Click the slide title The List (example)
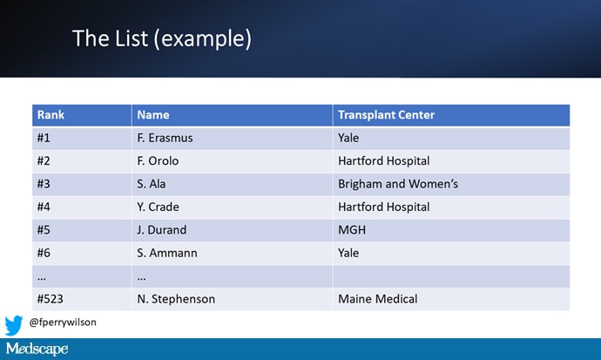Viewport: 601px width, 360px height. pos(161,38)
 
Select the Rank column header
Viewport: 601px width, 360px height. pos(51,115)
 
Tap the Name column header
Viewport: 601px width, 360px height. pos(153,115)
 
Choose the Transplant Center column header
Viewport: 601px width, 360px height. pos(386,115)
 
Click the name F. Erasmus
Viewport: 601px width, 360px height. pos(166,138)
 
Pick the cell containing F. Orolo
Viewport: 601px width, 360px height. pos(161,160)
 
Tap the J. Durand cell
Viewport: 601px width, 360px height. pos(162,230)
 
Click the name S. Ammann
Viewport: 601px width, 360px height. pos(168,253)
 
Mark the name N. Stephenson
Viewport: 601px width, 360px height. pos(176,299)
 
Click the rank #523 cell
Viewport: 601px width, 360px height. pos(53,299)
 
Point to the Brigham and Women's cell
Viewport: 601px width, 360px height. pos(397,184)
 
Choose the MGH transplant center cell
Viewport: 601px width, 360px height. pos(351,230)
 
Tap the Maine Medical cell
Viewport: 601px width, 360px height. pos(377,299)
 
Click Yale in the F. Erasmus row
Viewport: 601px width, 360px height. pos(348,138)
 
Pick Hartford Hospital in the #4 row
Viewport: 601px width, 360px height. pos(383,207)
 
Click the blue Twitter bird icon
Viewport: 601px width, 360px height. pos(14,325)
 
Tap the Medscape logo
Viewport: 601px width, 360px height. pos(36,350)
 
